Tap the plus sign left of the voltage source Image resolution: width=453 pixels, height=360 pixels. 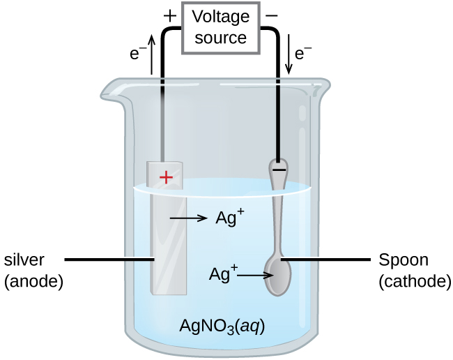(168, 14)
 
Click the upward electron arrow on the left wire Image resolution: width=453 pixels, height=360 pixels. (151, 56)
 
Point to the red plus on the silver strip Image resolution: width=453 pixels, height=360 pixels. (166, 178)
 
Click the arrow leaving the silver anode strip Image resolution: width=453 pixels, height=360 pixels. (189, 218)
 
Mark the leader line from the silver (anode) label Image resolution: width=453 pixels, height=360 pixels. (108, 260)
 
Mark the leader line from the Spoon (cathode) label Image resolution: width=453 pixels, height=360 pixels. (328, 260)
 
